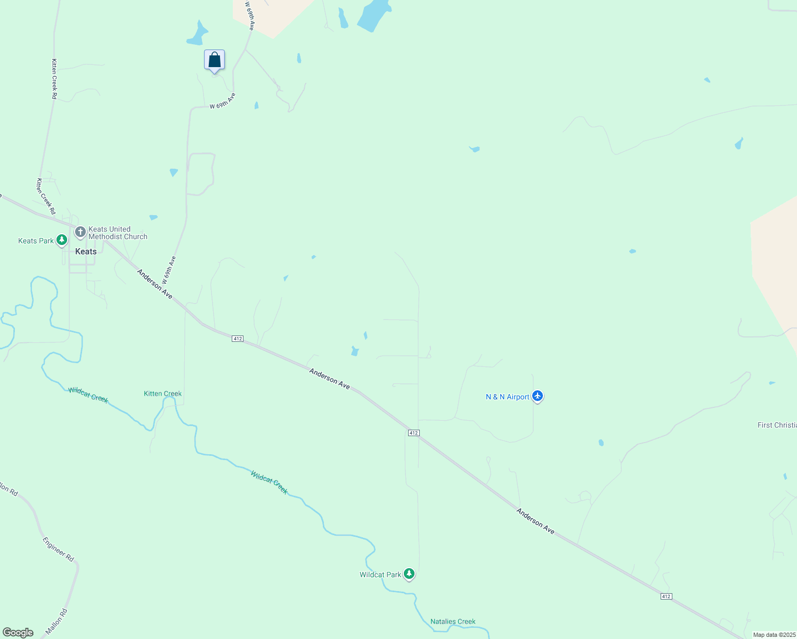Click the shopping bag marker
point(214,60)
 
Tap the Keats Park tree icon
point(62,241)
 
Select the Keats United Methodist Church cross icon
point(80,232)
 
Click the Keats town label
point(86,251)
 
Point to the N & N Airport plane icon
point(538,396)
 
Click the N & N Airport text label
point(507,397)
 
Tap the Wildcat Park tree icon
point(409,574)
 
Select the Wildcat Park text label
point(380,575)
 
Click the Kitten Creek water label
point(162,394)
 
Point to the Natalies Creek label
point(453,621)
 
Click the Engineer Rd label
point(58,550)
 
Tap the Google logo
point(18,633)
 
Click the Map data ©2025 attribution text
point(774,635)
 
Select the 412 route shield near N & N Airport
point(413,433)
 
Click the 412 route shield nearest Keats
point(238,339)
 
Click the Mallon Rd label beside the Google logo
point(57,621)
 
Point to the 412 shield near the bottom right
point(666,596)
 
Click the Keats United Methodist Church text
point(118,233)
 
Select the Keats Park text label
point(36,241)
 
